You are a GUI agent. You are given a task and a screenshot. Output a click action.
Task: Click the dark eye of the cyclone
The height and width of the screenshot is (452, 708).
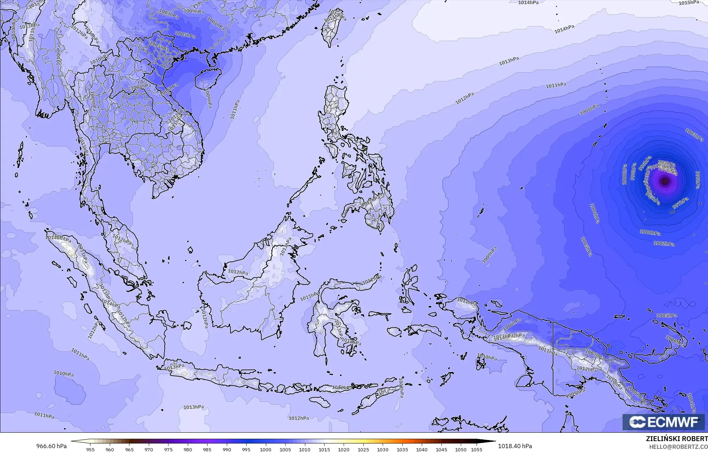pos(665,181)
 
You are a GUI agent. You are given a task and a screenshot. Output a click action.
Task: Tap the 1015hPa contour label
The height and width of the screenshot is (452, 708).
pos(689,3)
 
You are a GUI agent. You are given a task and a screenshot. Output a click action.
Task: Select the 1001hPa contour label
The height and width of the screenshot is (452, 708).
pos(650,232)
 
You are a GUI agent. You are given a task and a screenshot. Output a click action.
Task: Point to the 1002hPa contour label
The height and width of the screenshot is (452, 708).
pos(664,243)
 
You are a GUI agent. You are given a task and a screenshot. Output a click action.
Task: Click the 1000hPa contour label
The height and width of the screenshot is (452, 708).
pos(624,175)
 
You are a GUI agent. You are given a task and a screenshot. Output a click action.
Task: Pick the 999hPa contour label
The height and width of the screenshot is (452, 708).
pos(698,179)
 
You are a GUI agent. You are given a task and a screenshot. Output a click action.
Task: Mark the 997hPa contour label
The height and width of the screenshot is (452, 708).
pos(680,203)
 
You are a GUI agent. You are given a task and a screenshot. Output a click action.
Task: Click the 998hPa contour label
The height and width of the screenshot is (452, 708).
pos(633,171)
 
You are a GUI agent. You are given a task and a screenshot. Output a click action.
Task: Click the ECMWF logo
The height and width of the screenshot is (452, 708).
pos(664,422)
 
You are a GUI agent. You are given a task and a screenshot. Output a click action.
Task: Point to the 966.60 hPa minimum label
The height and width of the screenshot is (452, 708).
pos(51,446)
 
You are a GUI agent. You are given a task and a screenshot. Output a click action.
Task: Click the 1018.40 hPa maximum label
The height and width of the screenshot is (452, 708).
pos(515,446)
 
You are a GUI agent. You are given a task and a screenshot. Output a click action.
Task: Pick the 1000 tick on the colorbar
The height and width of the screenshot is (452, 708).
pos(266,449)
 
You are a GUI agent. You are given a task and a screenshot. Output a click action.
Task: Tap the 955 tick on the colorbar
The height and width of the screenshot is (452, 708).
pos(90,449)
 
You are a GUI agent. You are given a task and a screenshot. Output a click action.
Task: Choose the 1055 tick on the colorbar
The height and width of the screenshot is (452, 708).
pos(477,449)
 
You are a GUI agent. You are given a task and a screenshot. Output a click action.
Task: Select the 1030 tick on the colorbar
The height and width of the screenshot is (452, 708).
pos(383,449)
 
